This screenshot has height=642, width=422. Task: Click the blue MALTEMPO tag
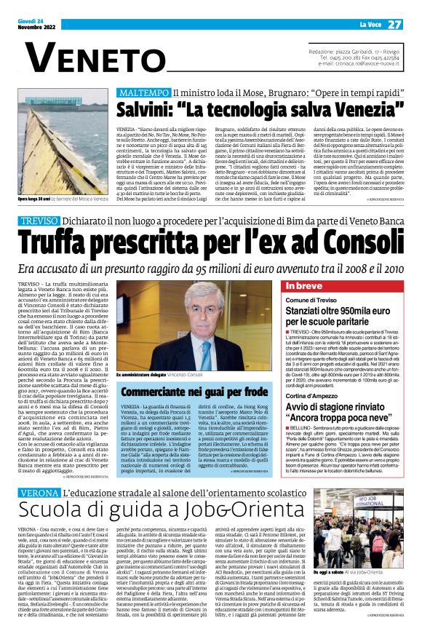(142, 93)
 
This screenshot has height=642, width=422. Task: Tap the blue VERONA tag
(36, 493)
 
